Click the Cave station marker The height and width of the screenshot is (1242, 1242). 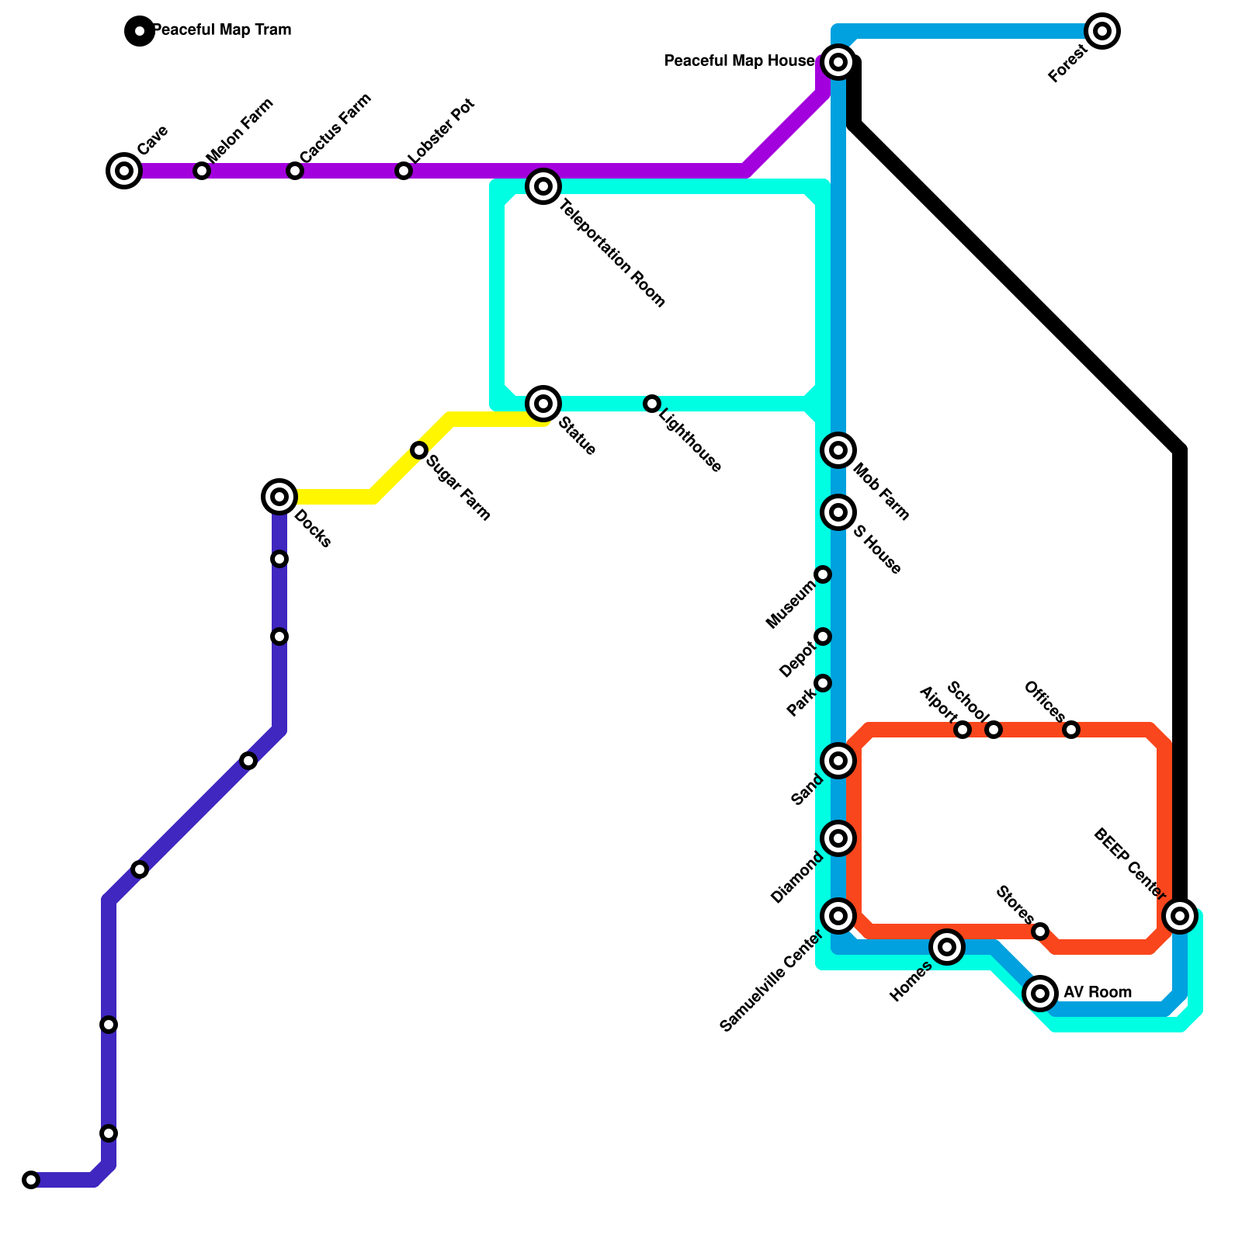pyautogui.click(x=124, y=171)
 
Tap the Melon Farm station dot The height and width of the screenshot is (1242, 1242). pyautogui.click(x=202, y=171)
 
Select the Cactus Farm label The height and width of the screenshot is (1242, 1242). pyautogui.click(x=335, y=128)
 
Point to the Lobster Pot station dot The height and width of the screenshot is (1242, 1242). pyautogui.click(x=404, y=171)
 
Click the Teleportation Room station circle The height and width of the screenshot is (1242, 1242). pyautogui.click(x=543, y=186)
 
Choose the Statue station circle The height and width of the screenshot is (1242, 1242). pyautogui.click(x=543, y=404)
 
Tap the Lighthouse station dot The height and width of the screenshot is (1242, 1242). pyautogui.click(x=652, y=404)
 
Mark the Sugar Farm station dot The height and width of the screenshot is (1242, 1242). pyautogui.click(x=419, y=450)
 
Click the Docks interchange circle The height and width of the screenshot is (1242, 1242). pyautogui.click(x=279, y=497)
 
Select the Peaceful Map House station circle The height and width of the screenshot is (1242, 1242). pyautogui.click(x=838, y=62)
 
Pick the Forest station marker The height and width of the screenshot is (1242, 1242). pyautogui.click(x=1102, y=31)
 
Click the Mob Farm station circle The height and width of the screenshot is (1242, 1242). pyautogui.click(x=838, y=450)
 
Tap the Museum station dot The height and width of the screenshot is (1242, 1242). pyautogui.click(x=823, y=574)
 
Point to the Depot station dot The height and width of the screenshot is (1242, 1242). pyautogui.click(x=823, y=637)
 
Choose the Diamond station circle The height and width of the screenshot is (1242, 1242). pyautogui.click(x=838, y=838)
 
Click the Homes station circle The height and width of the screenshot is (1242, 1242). pyautogui.click(x=947, y=947)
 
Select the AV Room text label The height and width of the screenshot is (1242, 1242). pyautogui.click(x=1097, y=993)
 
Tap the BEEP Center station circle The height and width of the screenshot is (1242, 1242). pyautogui.click(x=1180, y=916)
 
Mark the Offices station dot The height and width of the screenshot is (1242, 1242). pyautogui.click(x=1071, y=730)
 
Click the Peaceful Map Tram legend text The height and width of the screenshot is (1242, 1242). pyautogui.click(x=222, y=30)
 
